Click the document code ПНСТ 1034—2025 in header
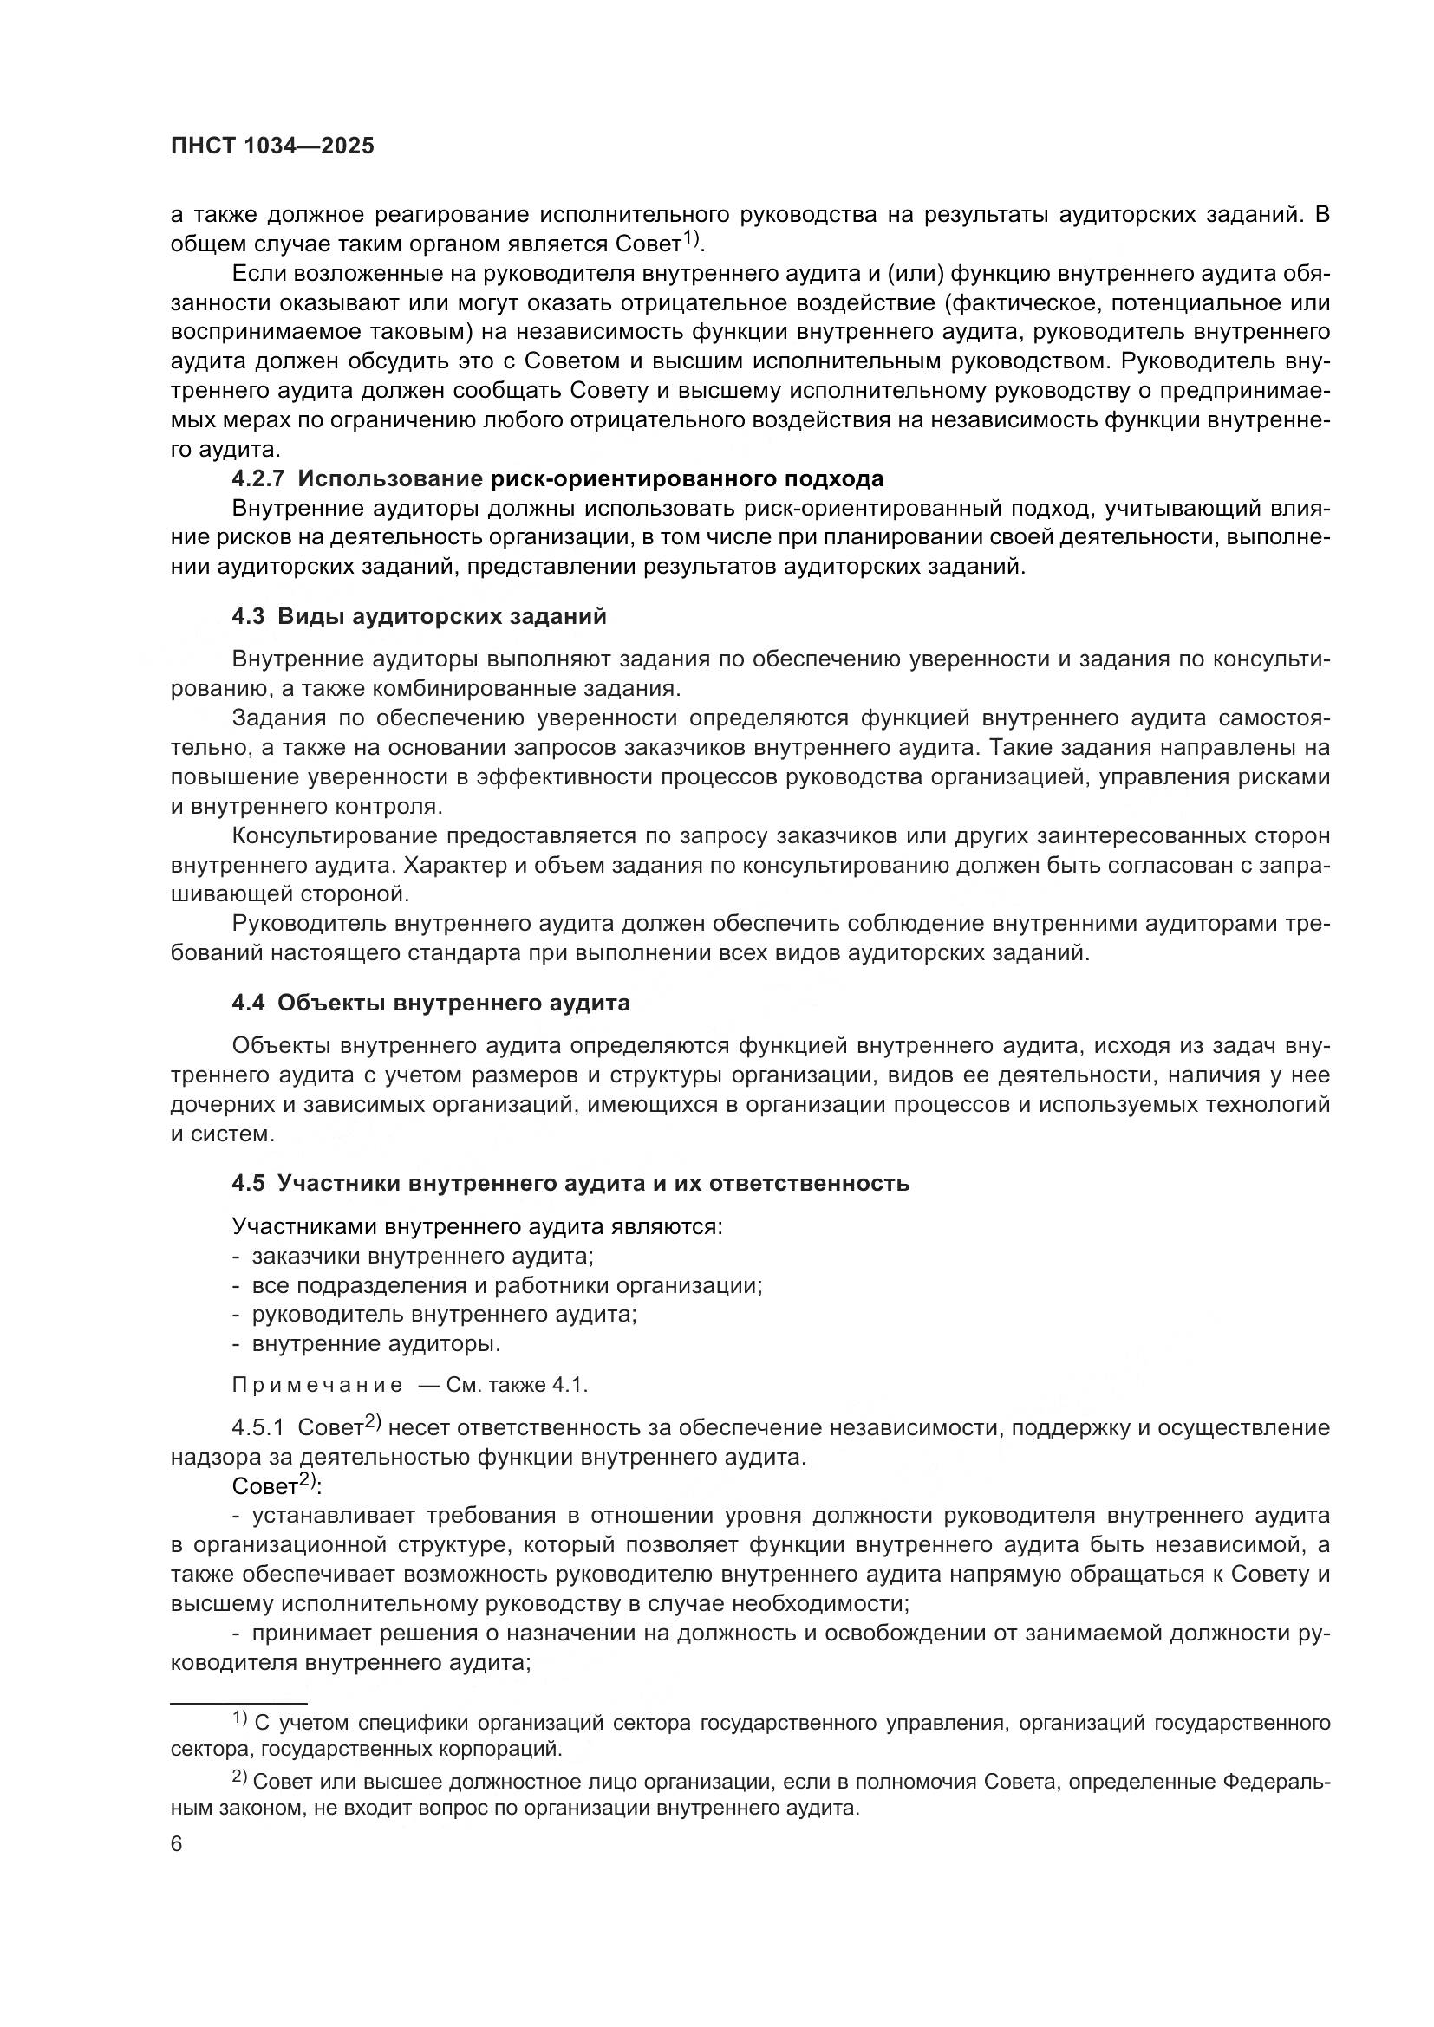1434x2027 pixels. coord(272,146)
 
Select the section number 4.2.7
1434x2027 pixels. coord(257,479)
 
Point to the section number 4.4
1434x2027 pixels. coord(248,1003)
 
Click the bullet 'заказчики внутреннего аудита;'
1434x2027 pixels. coord(422,1256)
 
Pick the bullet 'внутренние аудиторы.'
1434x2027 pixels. coord(376,1344)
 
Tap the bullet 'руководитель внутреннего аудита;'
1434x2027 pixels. coord(444,1314)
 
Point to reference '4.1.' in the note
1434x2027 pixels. coord(570,1385)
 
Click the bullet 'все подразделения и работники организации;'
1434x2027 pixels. coord(507,1284)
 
